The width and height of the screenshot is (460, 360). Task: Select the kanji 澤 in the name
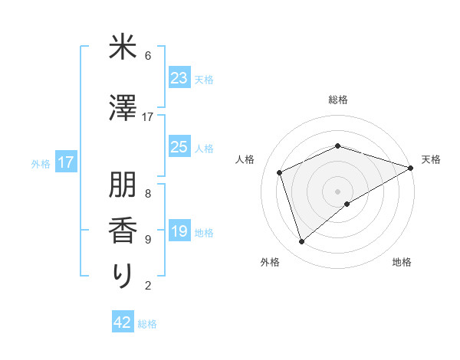pyautogui.click(x=122, y=109)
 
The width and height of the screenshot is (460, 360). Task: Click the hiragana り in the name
pyautogui.click(x=122, y=277)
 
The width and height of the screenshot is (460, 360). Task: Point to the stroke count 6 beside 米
pyautogui.click(x=148, y=56)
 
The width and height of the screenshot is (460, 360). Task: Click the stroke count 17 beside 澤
pyautogui.click(x=148, y=117)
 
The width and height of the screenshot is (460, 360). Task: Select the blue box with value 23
pyautogui.click(x=179, y=78)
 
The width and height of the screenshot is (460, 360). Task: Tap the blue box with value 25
pyautogui.click(x=179, y=147)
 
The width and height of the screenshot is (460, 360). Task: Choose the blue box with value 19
pyautogui.click(x=179, y=231)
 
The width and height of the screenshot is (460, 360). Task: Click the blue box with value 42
pyautogui.click(x=123, y=322)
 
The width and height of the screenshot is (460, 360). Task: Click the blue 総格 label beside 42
pyautogui.click(x=147, y=324)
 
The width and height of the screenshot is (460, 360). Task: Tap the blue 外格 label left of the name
pyautogui.click(x=41, y=163)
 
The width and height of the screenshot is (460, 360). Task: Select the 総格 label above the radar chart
pyautogui.click(x=338, y=100)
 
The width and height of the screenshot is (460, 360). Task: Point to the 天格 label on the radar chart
pyautogui.click(x=431, y=159)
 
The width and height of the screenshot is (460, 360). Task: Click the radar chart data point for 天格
pyautogui.click(x=412, y=167)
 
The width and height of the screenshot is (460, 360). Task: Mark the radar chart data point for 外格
pyautogui.click(x=302, y=242)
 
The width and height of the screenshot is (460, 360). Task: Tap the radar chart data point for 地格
pyautogui.click(x=347, y=204)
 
